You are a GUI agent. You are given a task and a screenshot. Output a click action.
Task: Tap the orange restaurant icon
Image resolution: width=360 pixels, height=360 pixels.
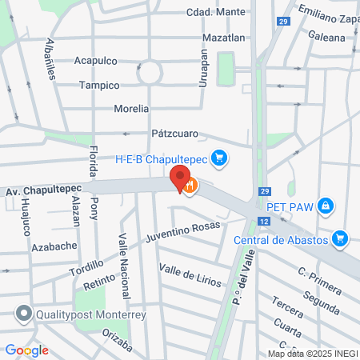click(190, 186)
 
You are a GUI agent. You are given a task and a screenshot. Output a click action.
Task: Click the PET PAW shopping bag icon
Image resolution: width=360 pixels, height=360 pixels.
click(325, 207)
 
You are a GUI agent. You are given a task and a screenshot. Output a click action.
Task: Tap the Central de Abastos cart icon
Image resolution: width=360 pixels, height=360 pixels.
click(341, 238)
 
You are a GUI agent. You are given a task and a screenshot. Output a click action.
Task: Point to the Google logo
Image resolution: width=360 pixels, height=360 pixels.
click(26, 350)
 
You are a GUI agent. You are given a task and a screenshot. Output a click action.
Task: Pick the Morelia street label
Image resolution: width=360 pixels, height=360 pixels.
click(132, 108)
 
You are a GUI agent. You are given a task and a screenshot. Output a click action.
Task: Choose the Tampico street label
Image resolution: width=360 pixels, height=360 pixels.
click(99, 85)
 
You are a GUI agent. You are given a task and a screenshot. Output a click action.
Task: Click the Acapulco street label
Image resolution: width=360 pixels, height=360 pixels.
click(95, 60)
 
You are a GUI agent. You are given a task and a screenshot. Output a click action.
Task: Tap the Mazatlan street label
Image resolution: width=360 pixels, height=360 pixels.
click(224, 37)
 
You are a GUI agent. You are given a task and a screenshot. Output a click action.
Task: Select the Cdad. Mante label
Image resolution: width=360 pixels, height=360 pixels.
click(216, 12)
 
